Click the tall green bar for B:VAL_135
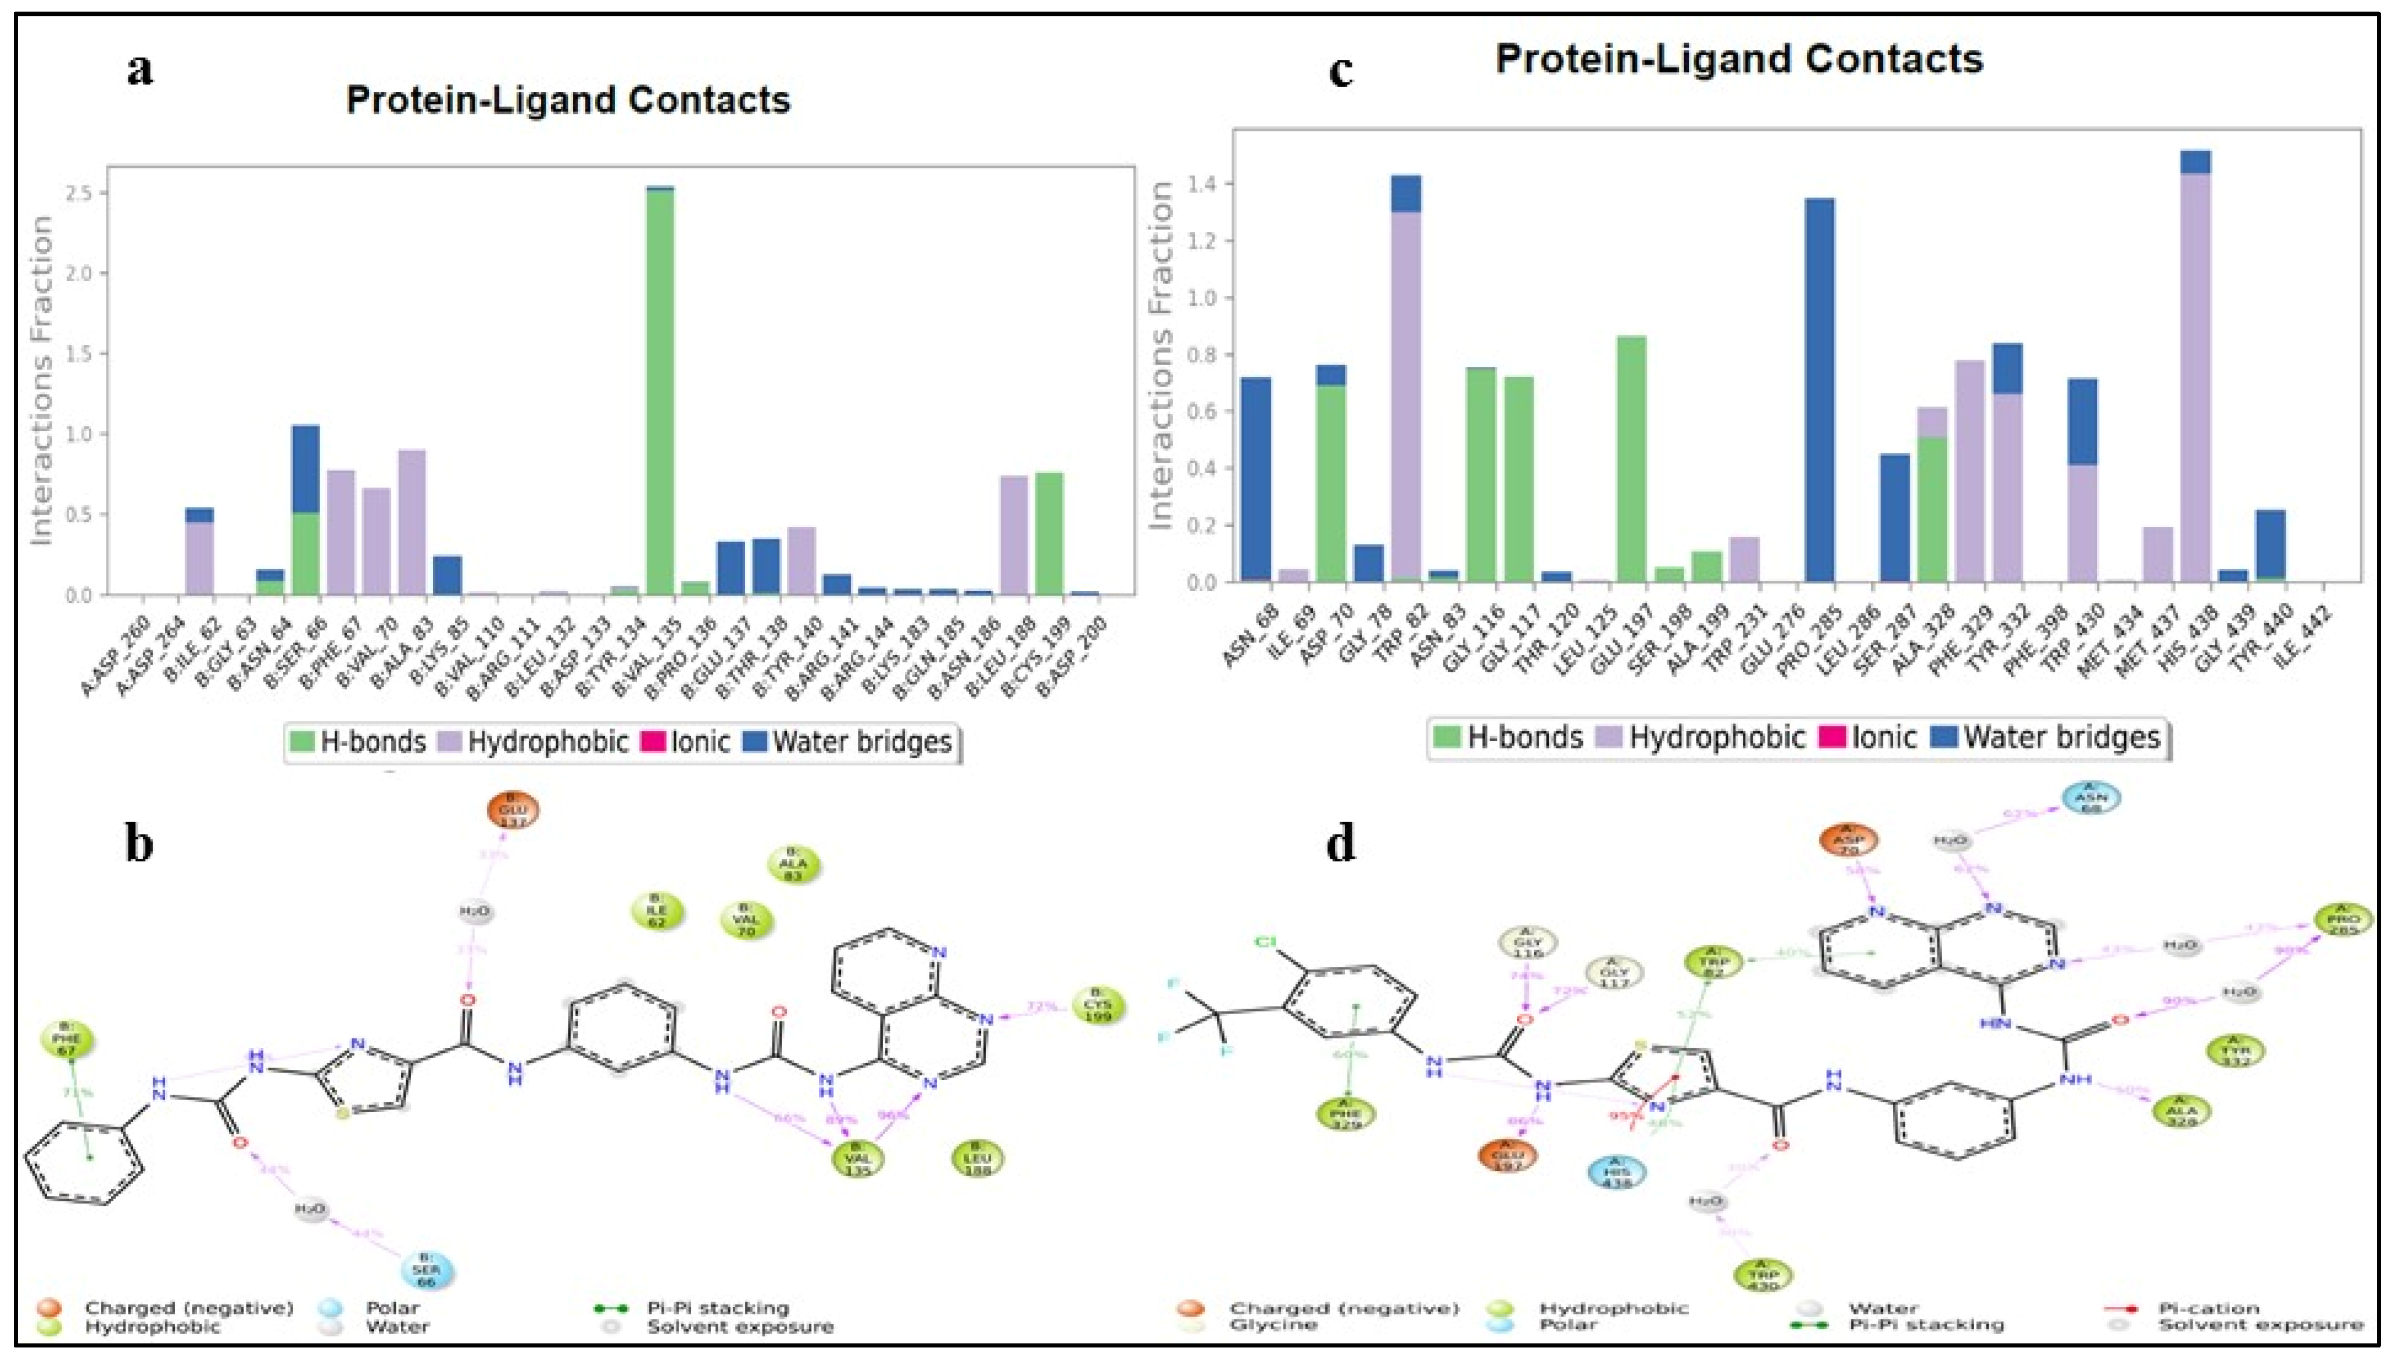click(660, 393)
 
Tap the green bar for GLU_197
click(1631, 458)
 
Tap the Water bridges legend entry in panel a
click(849, 743)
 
